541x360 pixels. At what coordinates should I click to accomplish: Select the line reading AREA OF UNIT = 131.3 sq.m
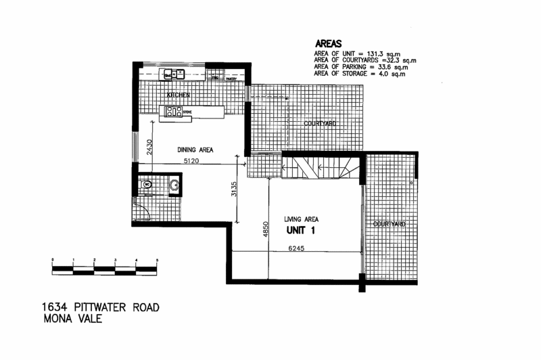click(x=352, y=53)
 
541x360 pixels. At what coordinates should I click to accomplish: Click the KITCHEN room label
click(x=178, y=95)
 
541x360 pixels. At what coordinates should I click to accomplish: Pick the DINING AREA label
click(x=196, y=150)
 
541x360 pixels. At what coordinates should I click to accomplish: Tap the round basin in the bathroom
click(x=174, y=183)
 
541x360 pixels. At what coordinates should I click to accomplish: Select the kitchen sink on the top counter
click(x=174, y=74)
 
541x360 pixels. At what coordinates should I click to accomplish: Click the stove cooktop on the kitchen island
click(x=170, y=112)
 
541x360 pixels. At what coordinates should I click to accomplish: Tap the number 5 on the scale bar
click(x=158, y=260)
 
